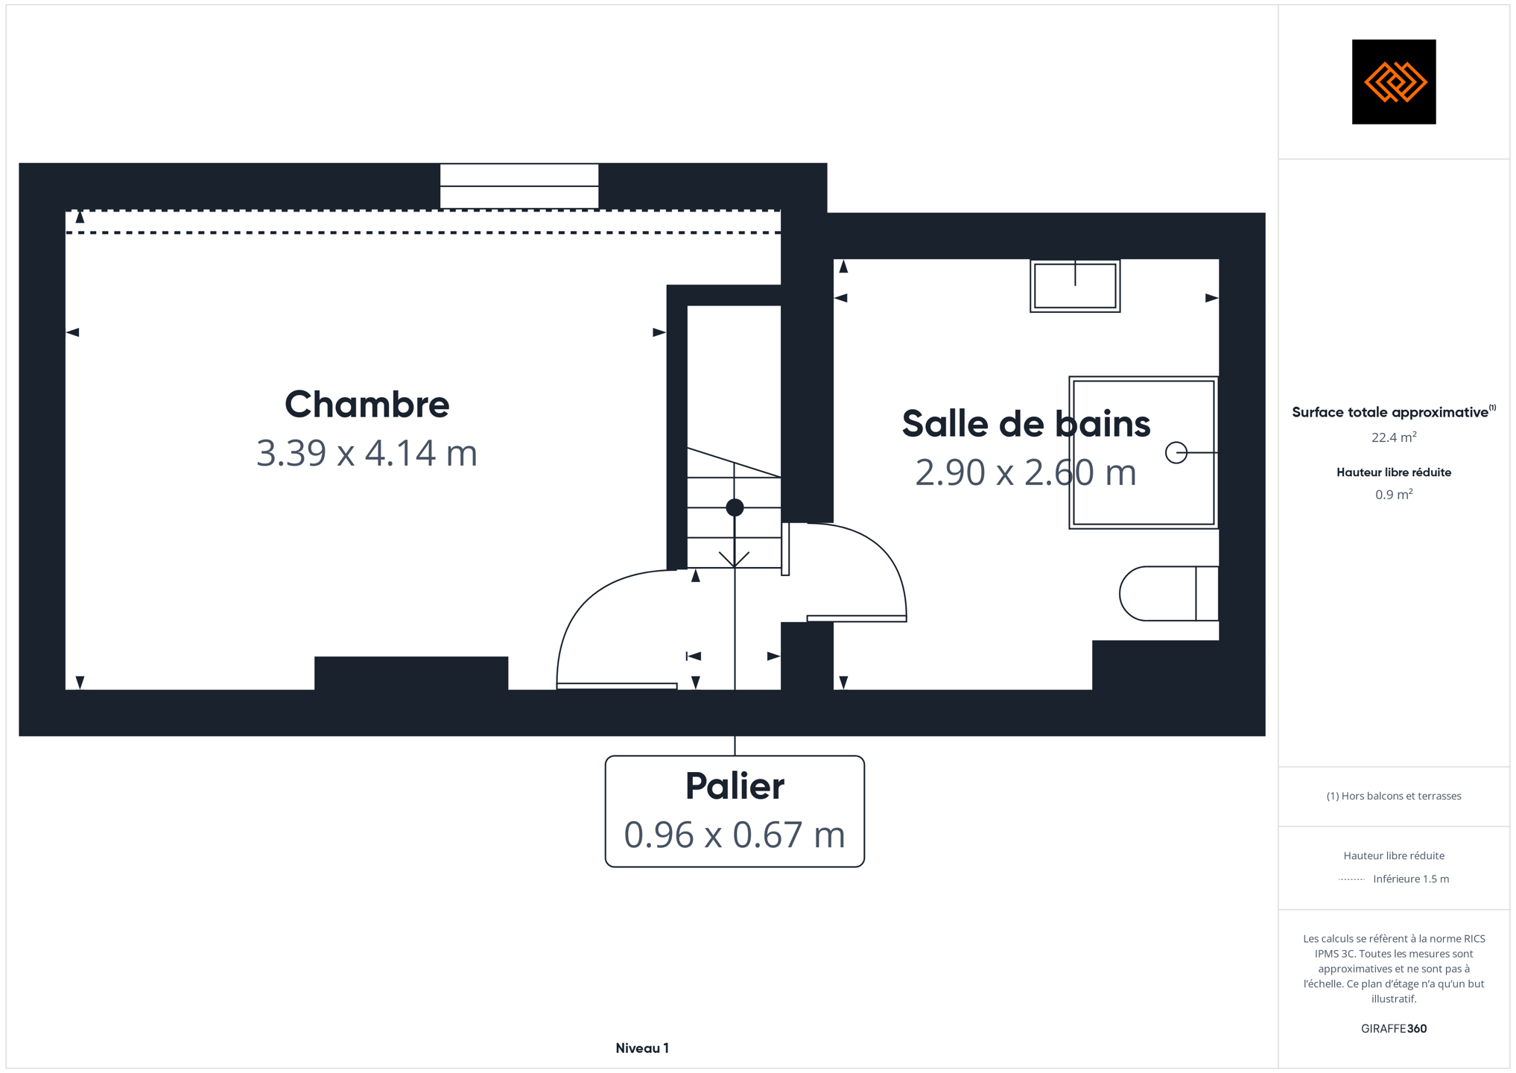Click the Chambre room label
click(x=367, y=405)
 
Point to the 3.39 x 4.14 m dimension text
click(x=367, y=453)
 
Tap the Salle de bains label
click(x=1026, y=423)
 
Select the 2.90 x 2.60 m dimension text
click(x=1026, y=472)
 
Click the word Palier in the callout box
click(x=735, y=786)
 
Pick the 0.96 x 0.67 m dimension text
click(x=735, y=835)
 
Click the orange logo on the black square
click(x=1395, y=82)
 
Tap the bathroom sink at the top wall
click(x=1075, y=286)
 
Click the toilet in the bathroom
click(x=1169, y=594)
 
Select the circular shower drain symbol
click(x=1176, y=452)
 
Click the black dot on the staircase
click(x=735, y=507)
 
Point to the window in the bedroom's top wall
click(x=519, y=186)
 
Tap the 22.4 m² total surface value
click(x=1394, y=437)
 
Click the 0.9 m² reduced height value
click(x=1394, y=494)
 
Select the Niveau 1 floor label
click(x=642, y=1048)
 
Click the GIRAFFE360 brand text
click(x=1394, y=1029)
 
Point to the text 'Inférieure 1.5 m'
click(x=1411, y=879)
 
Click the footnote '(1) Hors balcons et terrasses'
click(x=1394, y=797)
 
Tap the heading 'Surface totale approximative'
click(x=1390, y=413)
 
